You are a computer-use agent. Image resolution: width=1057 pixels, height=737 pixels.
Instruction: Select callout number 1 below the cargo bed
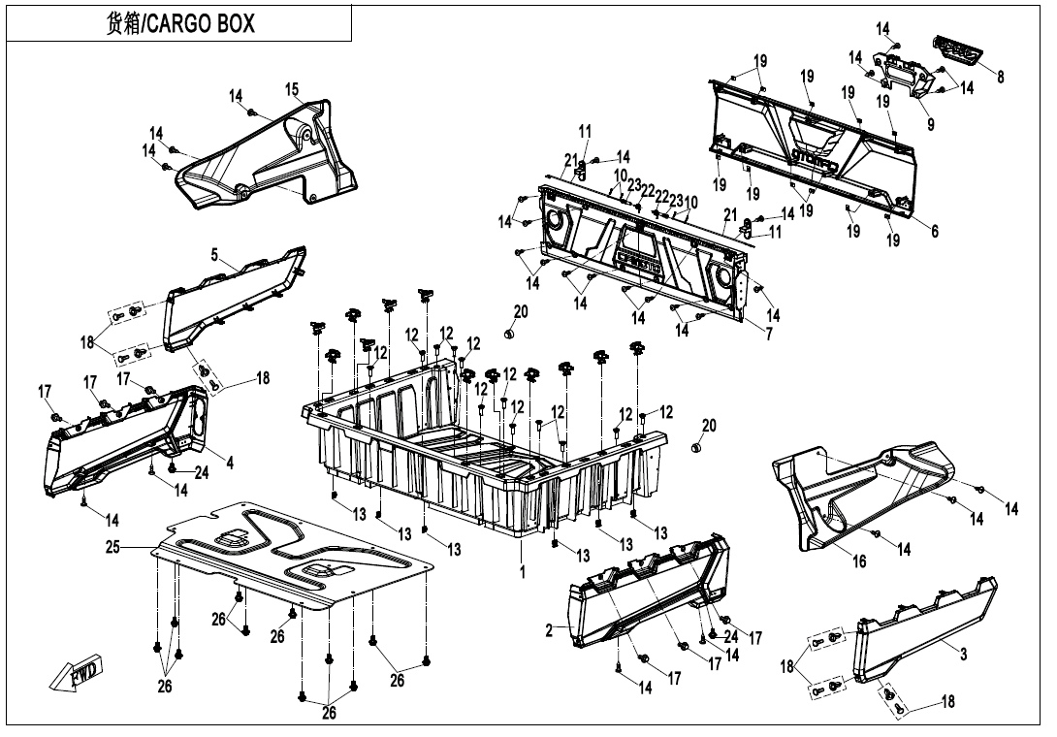pyautogui.click(x=522, y=572)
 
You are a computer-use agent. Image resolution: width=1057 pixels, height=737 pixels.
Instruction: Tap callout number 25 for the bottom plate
pyautogui.click(x=112, y=548)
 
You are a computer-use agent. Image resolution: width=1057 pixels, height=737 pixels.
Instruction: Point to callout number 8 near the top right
pyautogui.click(x=1001, y=77)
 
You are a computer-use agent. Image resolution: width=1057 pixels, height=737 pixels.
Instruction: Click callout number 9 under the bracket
pyautogui.click(x=930, y=124)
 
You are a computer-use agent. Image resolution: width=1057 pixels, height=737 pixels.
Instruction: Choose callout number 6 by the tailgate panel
pyautogui.click(x=934, y=232)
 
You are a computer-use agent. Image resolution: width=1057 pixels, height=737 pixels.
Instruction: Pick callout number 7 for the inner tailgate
pyautogui.click(x=769, y=335)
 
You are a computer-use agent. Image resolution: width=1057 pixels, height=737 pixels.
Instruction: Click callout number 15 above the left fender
pyautogui.click(x=292, y=89)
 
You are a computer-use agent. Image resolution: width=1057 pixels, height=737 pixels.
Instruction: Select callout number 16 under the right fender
pyautogui.click(x=859, y=561)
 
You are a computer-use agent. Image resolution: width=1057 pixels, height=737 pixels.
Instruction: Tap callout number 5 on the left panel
pyautogui.click(x=214, y=255)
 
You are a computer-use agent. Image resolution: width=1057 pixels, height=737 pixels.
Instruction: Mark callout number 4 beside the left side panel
pyautogui.click(x=230, y=464)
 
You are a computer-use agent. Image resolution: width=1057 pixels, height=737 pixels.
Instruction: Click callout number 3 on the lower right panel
pyautogui.click(x=963, y=655)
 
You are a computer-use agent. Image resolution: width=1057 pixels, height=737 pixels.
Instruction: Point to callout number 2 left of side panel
pyautogui.click(x=549, y=630)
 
